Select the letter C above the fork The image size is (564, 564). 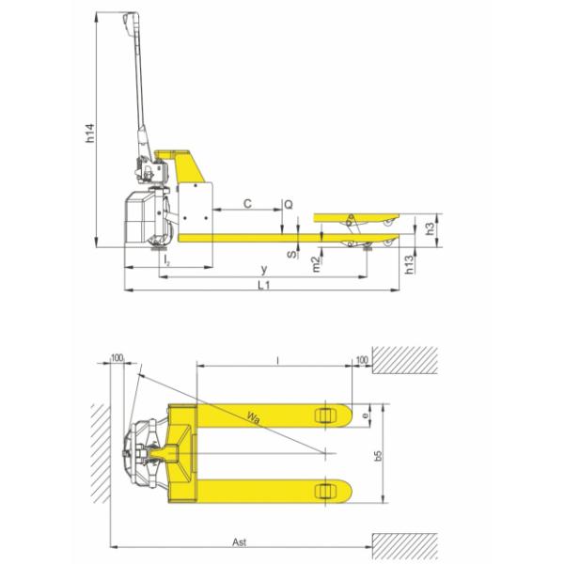247,202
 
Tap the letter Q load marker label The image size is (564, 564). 289,203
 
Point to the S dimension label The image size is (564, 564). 290,253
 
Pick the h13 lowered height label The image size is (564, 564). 410,265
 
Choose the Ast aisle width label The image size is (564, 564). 241,544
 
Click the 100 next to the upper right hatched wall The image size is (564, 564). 363,358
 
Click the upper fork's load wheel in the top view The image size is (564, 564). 326,415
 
